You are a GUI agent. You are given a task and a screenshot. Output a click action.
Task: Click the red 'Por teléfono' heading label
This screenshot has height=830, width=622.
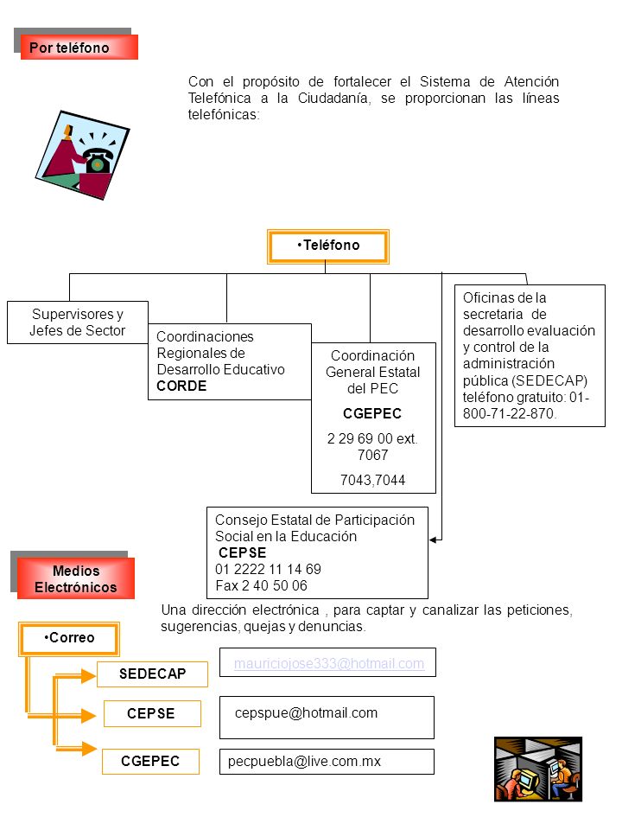point(79,47)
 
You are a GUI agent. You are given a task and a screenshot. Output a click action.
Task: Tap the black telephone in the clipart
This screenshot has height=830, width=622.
point(98,161)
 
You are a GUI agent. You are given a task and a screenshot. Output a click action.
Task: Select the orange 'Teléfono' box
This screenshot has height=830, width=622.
point(328,246)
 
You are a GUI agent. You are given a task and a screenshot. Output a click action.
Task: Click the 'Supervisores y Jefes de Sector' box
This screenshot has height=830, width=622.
point(78,322)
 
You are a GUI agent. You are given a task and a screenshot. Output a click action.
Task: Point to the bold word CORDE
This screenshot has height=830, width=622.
point(181,386)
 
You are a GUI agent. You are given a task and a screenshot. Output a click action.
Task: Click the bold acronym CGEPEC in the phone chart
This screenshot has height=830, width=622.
point(372,413)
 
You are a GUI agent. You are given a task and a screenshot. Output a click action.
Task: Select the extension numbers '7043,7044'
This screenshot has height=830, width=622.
point(373,480)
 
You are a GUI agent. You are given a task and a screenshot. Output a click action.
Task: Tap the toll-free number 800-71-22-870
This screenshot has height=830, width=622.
point(510,413)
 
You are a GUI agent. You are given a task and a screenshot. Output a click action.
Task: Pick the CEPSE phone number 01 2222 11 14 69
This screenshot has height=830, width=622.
point(268,569)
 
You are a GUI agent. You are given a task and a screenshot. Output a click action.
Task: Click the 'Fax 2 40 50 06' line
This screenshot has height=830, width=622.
point(261,585)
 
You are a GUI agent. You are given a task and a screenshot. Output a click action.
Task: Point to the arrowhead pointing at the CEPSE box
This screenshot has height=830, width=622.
point(433,539)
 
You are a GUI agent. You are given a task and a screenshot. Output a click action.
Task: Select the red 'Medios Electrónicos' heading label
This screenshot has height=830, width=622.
point(76,578)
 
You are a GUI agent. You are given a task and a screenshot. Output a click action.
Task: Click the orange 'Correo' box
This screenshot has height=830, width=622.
point(69,638)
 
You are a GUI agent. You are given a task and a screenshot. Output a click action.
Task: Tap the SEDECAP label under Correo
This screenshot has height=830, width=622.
point(152,674)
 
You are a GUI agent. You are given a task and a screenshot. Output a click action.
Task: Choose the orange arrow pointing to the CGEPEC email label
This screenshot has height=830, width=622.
point(77,749)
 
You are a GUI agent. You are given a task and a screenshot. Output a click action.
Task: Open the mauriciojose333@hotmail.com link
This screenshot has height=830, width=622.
point(329,664)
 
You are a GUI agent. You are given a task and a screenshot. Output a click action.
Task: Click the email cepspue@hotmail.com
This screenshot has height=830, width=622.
point(306,713)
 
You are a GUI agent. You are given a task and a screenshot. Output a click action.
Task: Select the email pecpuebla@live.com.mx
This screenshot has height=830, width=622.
point(304,761)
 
